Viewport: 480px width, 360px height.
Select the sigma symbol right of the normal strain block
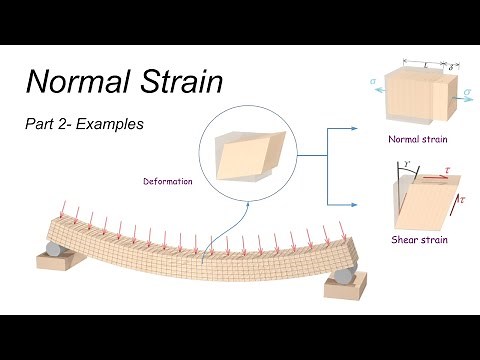pyautogui.click(x=469, y=92)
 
